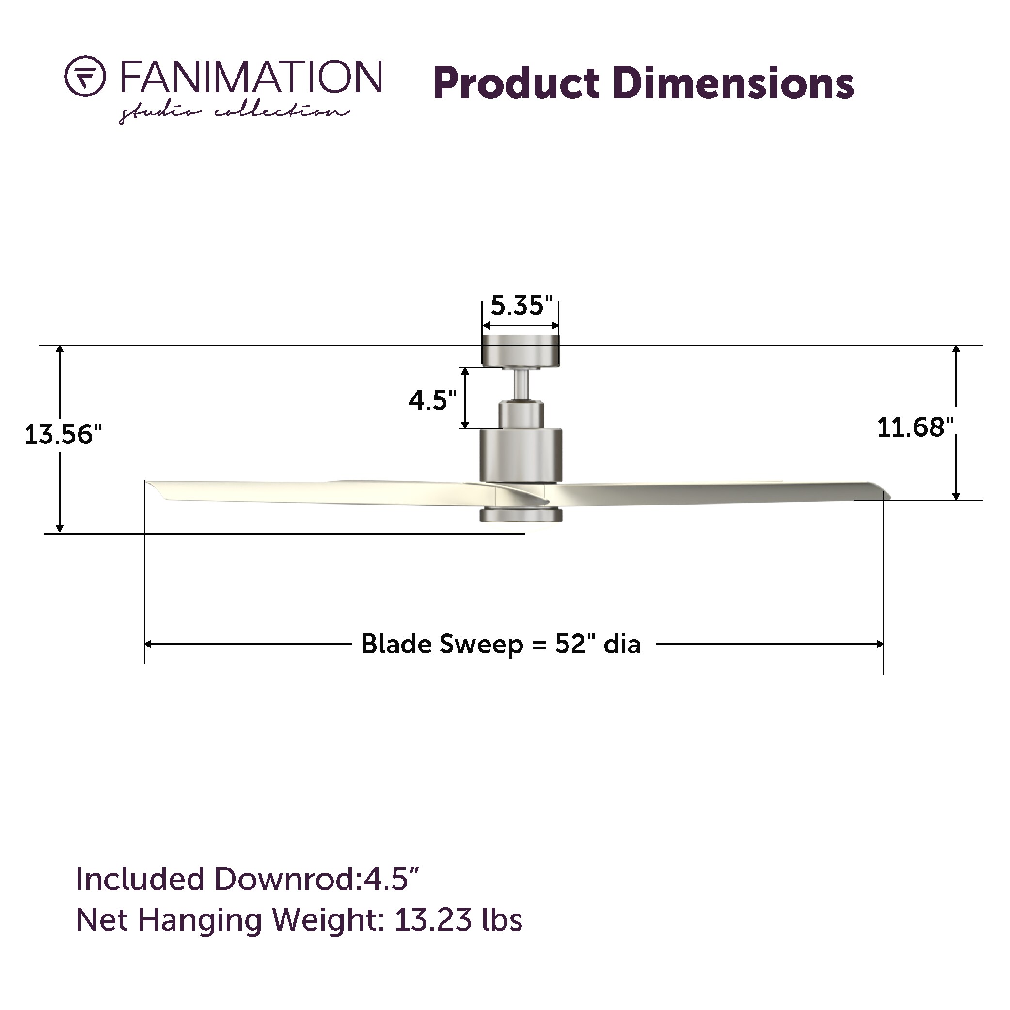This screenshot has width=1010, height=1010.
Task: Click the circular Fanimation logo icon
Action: tap(85, 76)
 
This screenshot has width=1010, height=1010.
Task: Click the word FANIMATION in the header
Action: tap(252, 76)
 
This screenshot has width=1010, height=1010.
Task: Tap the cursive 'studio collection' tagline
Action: tap(234, 113)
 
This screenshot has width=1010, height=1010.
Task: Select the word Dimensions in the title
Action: tap(734, 83)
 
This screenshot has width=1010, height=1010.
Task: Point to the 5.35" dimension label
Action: tap(521, 306)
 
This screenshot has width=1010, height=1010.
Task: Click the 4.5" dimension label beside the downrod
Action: tap(432, 400)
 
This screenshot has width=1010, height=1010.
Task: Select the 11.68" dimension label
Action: tap(915, 427)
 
